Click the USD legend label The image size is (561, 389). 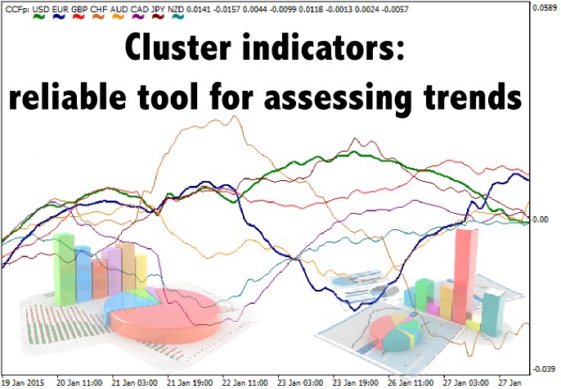pyautogui.click(x=41, y=9)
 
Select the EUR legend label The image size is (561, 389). pyautogui.click(x=60, y=9)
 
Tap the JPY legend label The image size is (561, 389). pyautogui.click(x=157, y=9)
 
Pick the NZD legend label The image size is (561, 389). pyautogui.click(x=176, y=9)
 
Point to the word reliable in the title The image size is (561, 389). pyautogui.click(x=67, y=97)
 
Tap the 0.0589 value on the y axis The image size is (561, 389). pyautogui.click(x=545, y=7)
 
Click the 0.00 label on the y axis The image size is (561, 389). pyautogui.click(x=541, y=219)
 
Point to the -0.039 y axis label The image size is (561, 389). pyautogui.click(x=544, y=369)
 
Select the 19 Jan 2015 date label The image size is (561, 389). pyautogui.click(x=23, y=382)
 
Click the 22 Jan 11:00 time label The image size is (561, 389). pyautogui.click(x=245, y=382)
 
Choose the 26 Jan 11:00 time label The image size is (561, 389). pyautogui.click(x=411, y=382)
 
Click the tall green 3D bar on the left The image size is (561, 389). pyautogui.click(x=64, y=269)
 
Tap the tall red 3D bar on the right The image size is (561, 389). pyautogui.click(x=465, y=276)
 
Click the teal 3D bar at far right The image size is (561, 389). pyautogui.click(x=492, y=313)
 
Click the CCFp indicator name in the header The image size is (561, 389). pyautogui.click(x=17, y=9)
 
